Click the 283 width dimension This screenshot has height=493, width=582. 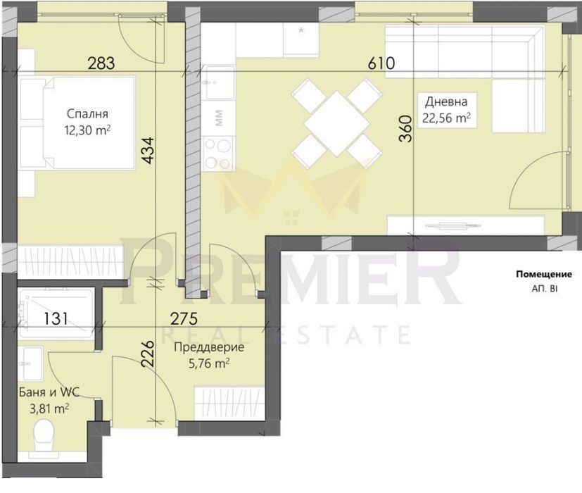(101, 63)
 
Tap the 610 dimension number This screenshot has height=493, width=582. (381, 63)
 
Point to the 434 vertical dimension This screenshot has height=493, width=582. (148, 151)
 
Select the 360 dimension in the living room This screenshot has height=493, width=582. (405, 129)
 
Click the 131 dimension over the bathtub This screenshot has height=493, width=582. (56, 319)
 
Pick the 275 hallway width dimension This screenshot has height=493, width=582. (184, 319)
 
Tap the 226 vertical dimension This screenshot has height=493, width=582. (147, 354)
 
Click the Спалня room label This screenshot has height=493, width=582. (87, 113)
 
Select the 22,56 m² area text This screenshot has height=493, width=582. (446, 118)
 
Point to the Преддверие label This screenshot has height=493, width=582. (209, 347)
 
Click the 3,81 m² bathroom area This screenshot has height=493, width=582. (49, 409)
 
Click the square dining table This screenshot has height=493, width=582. (336, 123)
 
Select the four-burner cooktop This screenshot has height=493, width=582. (218, 153)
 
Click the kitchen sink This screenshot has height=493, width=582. (220, 82)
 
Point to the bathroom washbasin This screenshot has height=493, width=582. (30, 363)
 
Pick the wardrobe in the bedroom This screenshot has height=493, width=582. (70, 261)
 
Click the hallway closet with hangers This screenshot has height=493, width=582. (229, 404)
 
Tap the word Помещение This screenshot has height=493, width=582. (544, 275)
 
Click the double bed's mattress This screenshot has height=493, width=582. (89, 123)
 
